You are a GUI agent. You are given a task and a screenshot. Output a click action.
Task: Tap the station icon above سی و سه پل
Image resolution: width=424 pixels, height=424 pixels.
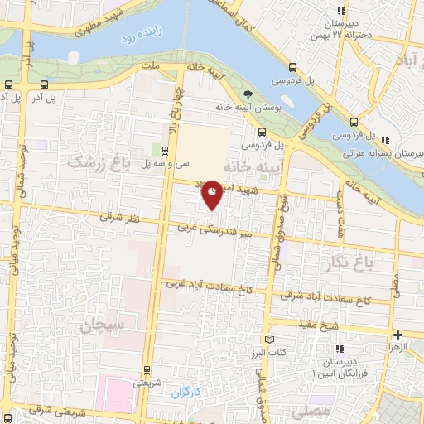[166, 149]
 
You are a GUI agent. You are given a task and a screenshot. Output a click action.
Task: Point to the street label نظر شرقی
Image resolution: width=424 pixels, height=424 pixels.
[116, 217]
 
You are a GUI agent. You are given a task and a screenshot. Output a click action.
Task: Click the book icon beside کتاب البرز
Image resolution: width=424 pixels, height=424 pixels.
[267, 340]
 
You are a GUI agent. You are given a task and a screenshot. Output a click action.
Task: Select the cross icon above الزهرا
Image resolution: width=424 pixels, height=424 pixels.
[398, 336]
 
